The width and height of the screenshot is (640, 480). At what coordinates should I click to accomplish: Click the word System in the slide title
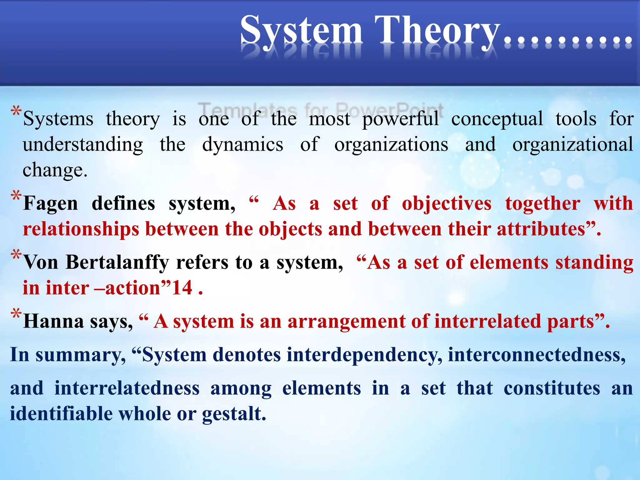click(x=302, y=31)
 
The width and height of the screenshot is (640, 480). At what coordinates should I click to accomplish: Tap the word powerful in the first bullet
click(x=400, y=119)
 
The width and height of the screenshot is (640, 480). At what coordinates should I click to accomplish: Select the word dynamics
click(x=242, y=145)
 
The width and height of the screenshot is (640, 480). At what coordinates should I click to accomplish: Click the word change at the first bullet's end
click(x=54, y=170)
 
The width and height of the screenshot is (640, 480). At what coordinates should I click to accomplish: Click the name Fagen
click(x=50, y=203)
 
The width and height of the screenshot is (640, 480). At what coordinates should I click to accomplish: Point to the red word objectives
click(x=447, y=203)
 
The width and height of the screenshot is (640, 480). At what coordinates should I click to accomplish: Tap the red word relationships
click(x=81, y=229)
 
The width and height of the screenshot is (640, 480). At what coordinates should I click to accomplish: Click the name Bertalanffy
click(x=117, y=262)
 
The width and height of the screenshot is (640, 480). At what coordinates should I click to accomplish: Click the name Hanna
click(x=53, y=321)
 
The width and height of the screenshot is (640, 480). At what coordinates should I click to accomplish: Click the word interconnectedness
click(x=536, y=355)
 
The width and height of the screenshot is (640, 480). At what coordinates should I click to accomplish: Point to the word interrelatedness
click(x=127, y=388)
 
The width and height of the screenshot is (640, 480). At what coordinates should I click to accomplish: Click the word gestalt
click(x=234, y=414)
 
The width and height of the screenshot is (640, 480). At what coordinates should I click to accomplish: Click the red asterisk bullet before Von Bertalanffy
click(x=16, y=255)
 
